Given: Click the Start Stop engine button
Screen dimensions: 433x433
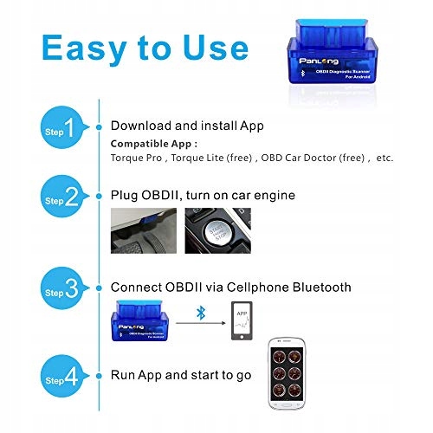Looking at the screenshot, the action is click(x=218, y=232).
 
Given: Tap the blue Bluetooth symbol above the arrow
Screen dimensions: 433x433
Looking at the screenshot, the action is click(x=201, y=313).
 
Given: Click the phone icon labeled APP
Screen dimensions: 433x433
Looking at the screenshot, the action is click(x=242, y=320).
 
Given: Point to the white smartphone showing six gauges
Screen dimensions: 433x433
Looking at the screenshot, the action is click(x=287, y=373).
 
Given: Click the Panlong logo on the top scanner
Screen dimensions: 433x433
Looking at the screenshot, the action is click(x=319, y=61).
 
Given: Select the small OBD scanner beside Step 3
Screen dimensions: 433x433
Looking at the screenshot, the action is click(x=140, y=320).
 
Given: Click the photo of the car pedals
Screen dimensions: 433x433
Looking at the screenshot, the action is click(x=144, y=230).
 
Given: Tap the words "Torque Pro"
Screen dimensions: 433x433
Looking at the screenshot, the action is click(x=136, y=158).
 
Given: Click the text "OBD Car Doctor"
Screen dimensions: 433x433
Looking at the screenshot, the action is click(x=299, y=158).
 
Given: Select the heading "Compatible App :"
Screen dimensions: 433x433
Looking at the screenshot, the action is click(x=154, y=144).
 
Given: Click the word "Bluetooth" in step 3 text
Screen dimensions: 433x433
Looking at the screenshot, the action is click(x=322, y=288).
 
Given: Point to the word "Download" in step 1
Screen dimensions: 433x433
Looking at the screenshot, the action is click(x=141, y=126).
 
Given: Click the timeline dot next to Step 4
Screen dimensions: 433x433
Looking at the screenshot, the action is click(x=99, y=376).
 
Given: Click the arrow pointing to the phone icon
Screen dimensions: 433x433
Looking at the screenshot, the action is click(x=201, y=323).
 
